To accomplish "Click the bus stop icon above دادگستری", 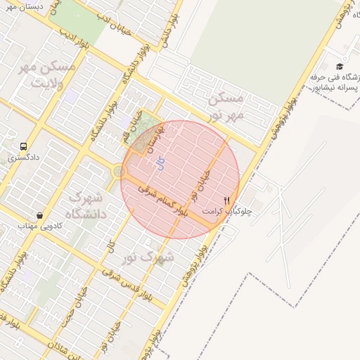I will [x=24, y=147].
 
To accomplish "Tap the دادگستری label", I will [x=24, y=159].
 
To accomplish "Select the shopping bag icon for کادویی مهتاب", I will [x=39, y=215].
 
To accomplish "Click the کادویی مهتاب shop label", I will [x=31, y=225].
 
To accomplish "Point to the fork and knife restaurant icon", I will [x=226, y=200].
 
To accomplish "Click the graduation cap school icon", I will [x=340, y=66].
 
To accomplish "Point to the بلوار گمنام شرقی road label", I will [x=162, y=200].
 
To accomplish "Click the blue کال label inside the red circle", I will [x=160, y=164].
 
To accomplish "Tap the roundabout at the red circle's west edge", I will [x=119, y=171].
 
